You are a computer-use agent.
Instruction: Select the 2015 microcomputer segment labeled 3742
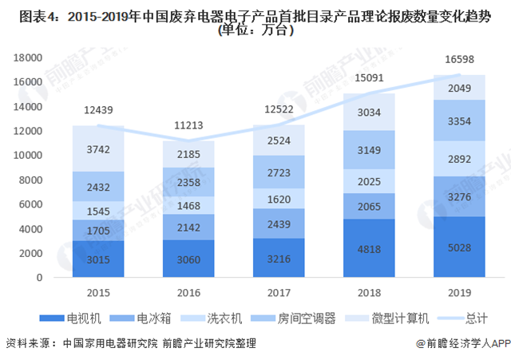point(99,148)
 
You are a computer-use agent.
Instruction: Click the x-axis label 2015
point(99,292)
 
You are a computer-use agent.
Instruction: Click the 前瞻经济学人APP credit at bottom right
point(465,344)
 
